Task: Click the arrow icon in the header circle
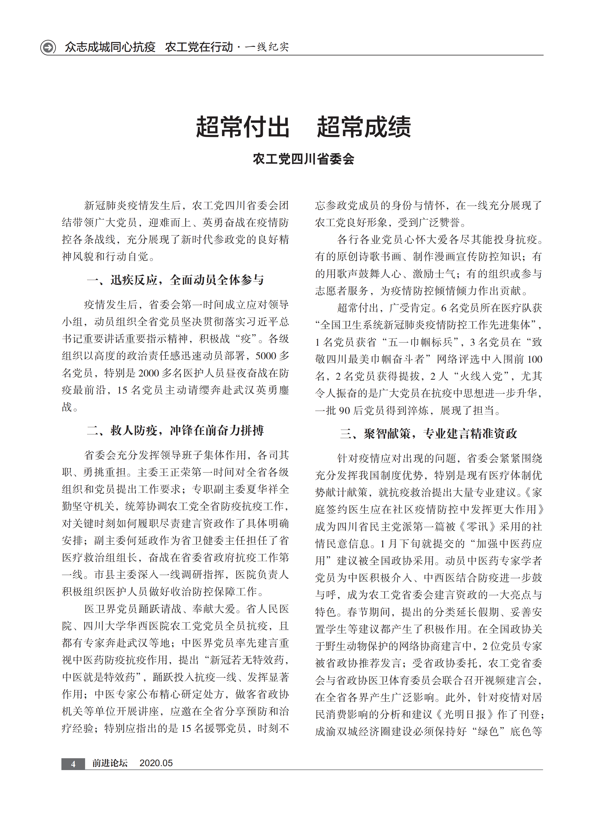click(x=48, y=47)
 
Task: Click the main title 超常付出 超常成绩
click(x=303, y=127)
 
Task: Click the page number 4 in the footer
click(x=73, y=763)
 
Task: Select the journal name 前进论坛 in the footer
click(x=110, y=763)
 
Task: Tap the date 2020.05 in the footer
click(x=156, y=763)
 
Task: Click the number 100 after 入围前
click(x=534, y=359)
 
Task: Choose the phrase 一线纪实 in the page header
click(x=267, y=47)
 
